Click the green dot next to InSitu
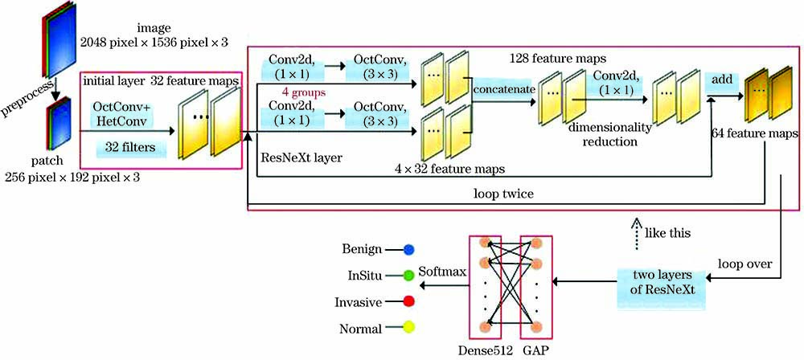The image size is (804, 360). point(409,276)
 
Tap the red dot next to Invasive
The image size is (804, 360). point(409,301)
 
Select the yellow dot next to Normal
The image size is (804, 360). point(409,328)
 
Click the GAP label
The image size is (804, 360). point(534,351)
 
